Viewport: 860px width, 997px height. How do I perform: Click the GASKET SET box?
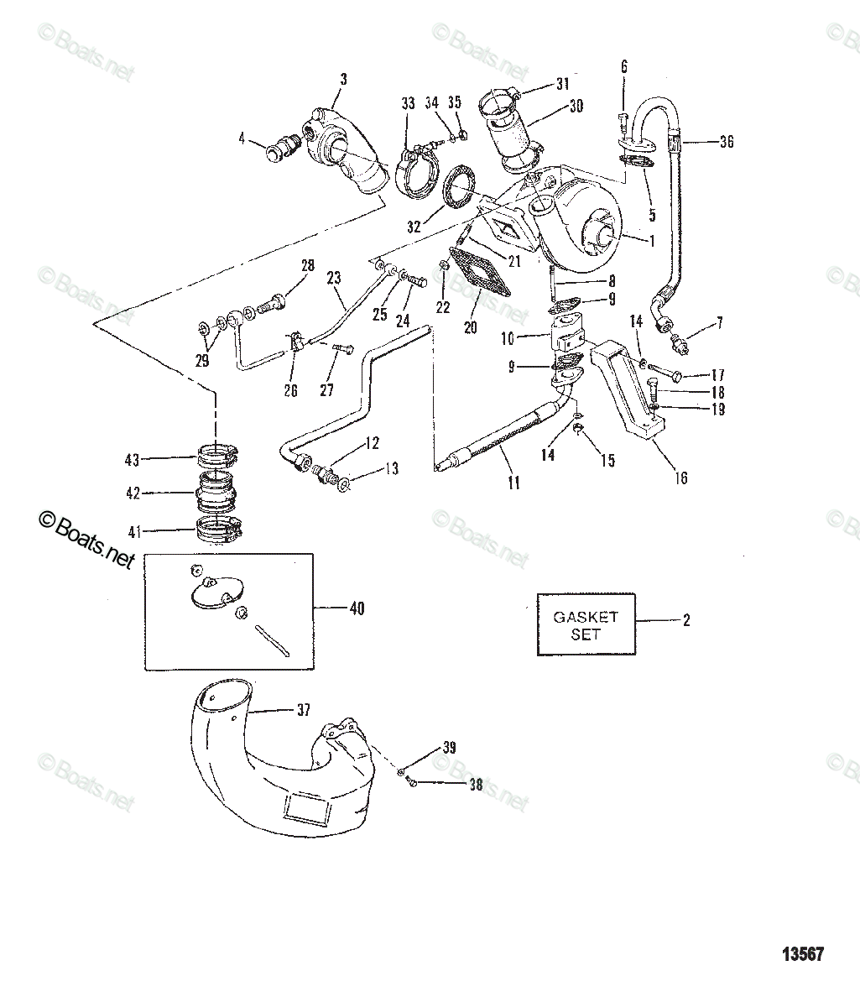pyautogui.click(x=586, y=624)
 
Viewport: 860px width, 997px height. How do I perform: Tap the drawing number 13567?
pyautogui.click(x=802, y=954)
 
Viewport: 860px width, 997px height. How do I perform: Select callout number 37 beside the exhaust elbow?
pyautogui.click(x=303, y=710)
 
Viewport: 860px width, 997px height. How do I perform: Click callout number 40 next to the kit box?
pyautogui.click(x=357, y=608)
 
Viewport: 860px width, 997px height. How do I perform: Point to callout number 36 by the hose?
pyautogui.click(x=726, y=142)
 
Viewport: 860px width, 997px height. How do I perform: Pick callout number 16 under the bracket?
pyautogui.click(x=680, y=478)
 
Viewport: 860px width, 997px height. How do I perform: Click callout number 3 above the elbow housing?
pyautogui.click(x=342, y=81)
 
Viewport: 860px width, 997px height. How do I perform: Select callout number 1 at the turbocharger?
pyautogui.click(x=649, y=239)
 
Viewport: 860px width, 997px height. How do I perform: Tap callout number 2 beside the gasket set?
pyautogui.click(x=685, y=621)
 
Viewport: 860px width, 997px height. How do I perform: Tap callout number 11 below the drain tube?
pyautogui.click(x=513, y=483)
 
